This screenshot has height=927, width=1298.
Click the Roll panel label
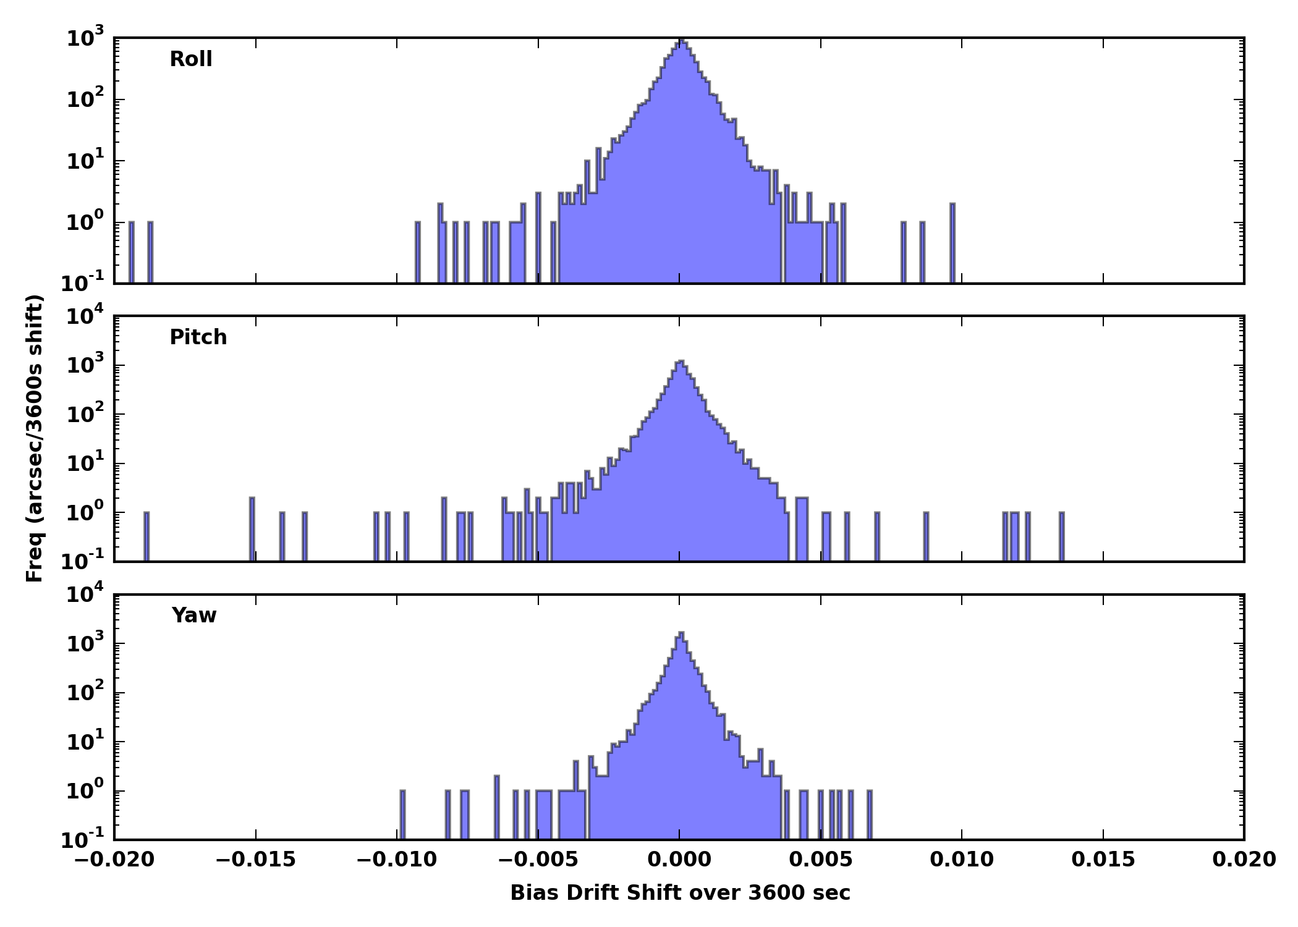[x=191, y=59]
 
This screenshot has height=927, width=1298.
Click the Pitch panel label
[x=198, y=337]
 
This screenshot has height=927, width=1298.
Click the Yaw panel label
[x=194, y=616]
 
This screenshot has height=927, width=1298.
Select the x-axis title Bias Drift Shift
[x=680, y=893]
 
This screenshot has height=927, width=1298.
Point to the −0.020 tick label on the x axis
[x=114, y=860]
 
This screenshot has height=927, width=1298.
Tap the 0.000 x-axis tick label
[x=679, y=860]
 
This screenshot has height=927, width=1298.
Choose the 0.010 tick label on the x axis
[x=962, y=860]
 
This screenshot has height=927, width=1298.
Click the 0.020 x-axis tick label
[x=1244, y=860]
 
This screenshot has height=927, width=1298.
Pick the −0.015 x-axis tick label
[x=255, y=860]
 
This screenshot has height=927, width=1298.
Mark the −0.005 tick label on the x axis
[x=538, y=860]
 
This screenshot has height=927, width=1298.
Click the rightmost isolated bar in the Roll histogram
[x=952, y=244]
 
